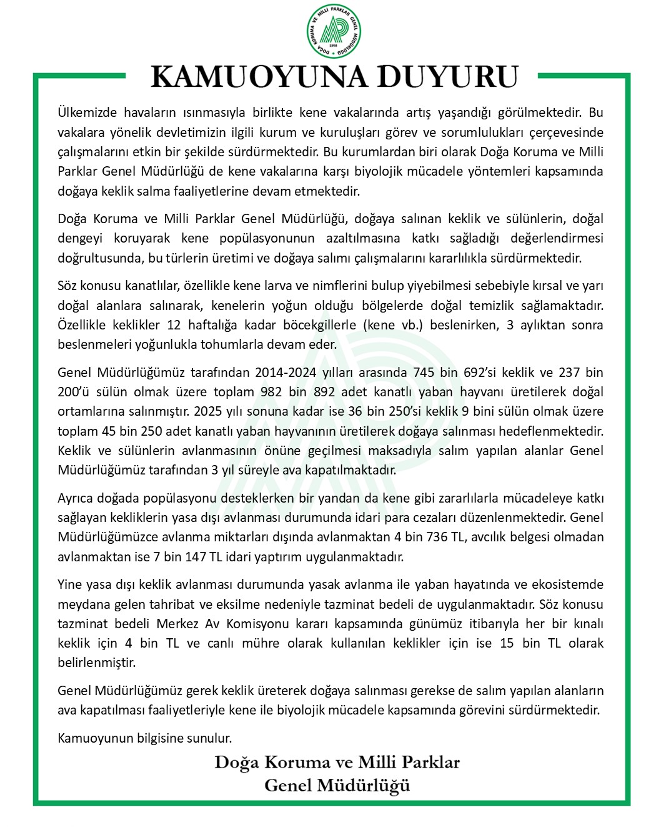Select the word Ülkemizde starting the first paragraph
[x=87, y=113]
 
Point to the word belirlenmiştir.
[x=97, y=663]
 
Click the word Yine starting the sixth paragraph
[x=70, y=584]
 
